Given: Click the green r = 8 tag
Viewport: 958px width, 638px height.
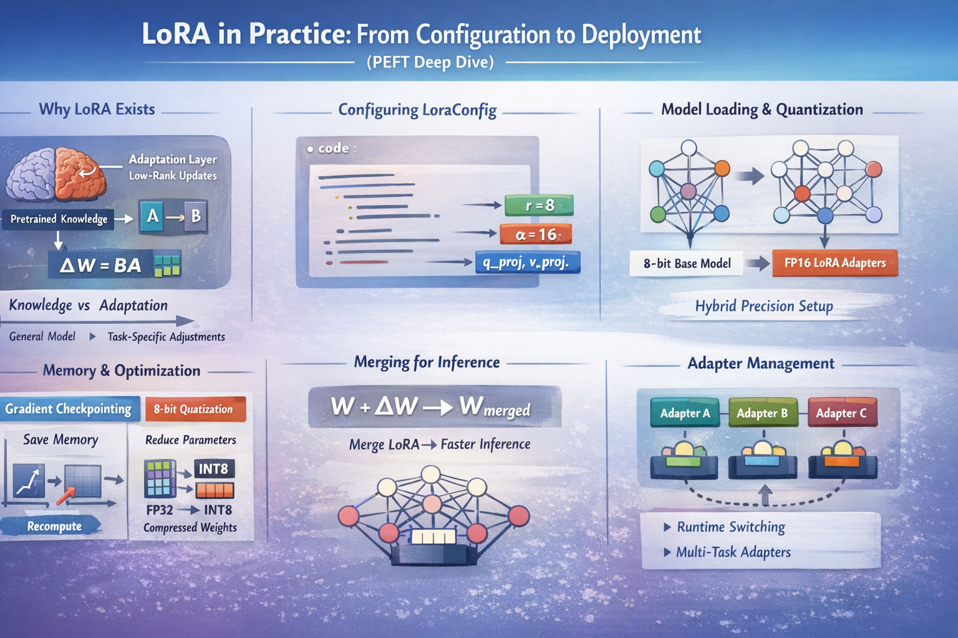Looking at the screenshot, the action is point(539,206).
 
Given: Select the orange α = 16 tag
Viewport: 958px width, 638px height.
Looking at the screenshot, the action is point(536,234).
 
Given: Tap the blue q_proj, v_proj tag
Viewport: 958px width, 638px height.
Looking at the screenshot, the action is point(528,262).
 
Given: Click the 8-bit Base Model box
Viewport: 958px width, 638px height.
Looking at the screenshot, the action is point(687,263).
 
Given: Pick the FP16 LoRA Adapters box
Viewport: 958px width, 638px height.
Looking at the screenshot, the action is point(835,263).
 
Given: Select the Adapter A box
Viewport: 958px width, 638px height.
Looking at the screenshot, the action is point(685,413).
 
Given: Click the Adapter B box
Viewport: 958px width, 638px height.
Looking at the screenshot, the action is point(763,413).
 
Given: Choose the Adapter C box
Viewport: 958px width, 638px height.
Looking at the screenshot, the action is point(842,413).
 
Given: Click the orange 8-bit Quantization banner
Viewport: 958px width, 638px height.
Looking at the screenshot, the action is point(195,409).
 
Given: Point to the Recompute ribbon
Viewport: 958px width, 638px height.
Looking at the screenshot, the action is point(52,526).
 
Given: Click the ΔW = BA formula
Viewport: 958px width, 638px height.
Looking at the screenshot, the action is point(100,265).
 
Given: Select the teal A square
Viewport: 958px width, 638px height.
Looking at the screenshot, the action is point(152,217).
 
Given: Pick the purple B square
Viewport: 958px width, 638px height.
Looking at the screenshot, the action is point(196,216).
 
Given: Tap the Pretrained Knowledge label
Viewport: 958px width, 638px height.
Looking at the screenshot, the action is point(59,219).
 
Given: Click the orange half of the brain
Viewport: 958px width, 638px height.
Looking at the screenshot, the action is point(80,173).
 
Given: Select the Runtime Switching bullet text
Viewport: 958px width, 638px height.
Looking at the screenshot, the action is point(731,527).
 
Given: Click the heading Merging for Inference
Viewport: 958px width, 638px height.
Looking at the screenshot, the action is point(427,363).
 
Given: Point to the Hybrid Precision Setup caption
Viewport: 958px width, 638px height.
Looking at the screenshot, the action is point(764,306).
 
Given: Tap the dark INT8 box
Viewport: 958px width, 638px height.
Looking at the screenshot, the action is point(214,469).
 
